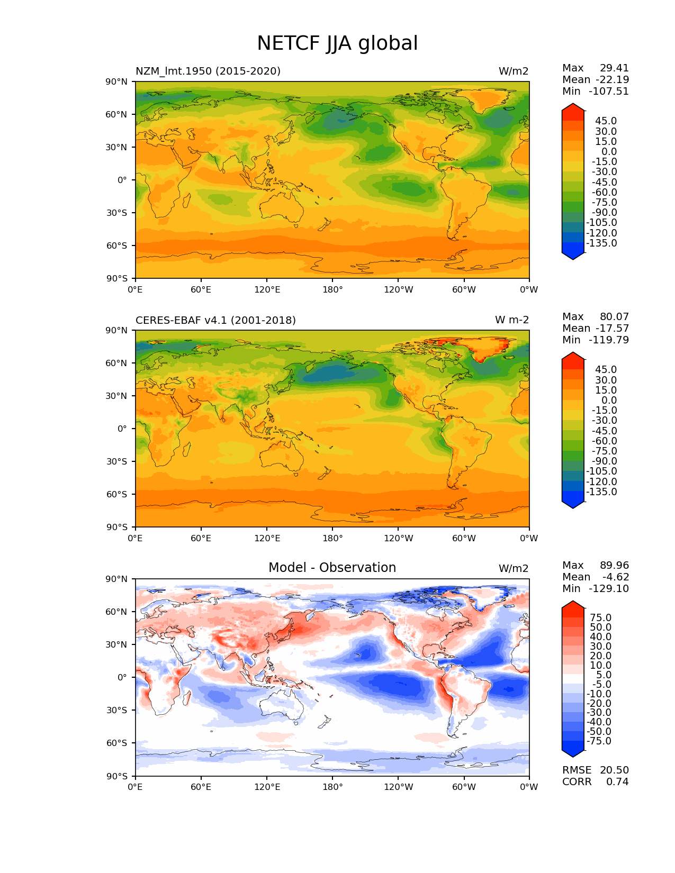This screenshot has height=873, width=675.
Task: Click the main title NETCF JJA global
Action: [x=337, y=43]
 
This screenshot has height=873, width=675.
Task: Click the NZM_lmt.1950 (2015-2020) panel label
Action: [x=208, y=71]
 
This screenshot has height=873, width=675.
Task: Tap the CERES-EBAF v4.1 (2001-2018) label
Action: [x=215, y=320]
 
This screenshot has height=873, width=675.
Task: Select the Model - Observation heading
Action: [x=332, y=568]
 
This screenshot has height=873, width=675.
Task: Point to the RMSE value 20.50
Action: [x=614, y=770]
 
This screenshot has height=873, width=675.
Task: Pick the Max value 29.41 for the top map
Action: [x=614, y=68]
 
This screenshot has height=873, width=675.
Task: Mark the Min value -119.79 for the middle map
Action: [x=609, y=340]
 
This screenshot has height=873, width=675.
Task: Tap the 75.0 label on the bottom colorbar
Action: [x=601, y=617]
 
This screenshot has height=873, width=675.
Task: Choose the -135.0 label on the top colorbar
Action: [x=601, y=243]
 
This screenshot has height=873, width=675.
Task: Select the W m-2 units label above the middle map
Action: [x=511, y=320]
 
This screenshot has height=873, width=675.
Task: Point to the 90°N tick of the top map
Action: [x=117, y=81]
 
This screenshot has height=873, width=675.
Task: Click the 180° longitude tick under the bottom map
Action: [x=332, y=787]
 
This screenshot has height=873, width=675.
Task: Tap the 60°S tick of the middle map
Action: [x=117, y=494]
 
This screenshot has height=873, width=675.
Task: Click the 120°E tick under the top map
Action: [x=267, y=289]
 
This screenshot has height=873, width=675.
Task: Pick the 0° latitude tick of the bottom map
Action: [x=122, y=677]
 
